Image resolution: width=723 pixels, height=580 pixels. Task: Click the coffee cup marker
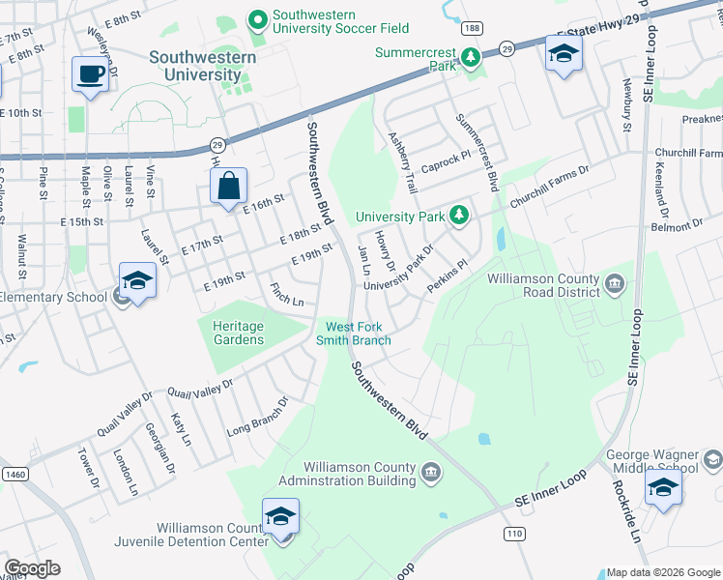(x=91, y=74)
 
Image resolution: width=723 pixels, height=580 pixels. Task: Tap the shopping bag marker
(x=228, y=187)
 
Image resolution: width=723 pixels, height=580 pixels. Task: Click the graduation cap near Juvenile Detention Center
(x=280, y=517)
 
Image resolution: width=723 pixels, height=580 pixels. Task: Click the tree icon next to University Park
(x=461, y=216)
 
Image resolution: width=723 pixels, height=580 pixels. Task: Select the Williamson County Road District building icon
(x=615, y=284)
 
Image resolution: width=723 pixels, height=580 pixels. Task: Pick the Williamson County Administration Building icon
(x=431, y=472)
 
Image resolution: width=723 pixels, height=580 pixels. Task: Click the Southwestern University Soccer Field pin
(x=257, y=19)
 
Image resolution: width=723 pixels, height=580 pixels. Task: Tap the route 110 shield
(x=512, y=534)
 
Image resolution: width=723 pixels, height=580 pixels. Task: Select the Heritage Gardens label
(x=238, y=333)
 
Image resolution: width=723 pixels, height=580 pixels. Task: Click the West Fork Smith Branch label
(x=358, y=333)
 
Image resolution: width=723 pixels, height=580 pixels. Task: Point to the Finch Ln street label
(x=287, y=295)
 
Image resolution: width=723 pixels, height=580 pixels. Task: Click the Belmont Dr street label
(x=678, y=223)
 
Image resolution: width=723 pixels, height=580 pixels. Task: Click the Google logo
(x=32, y=568)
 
